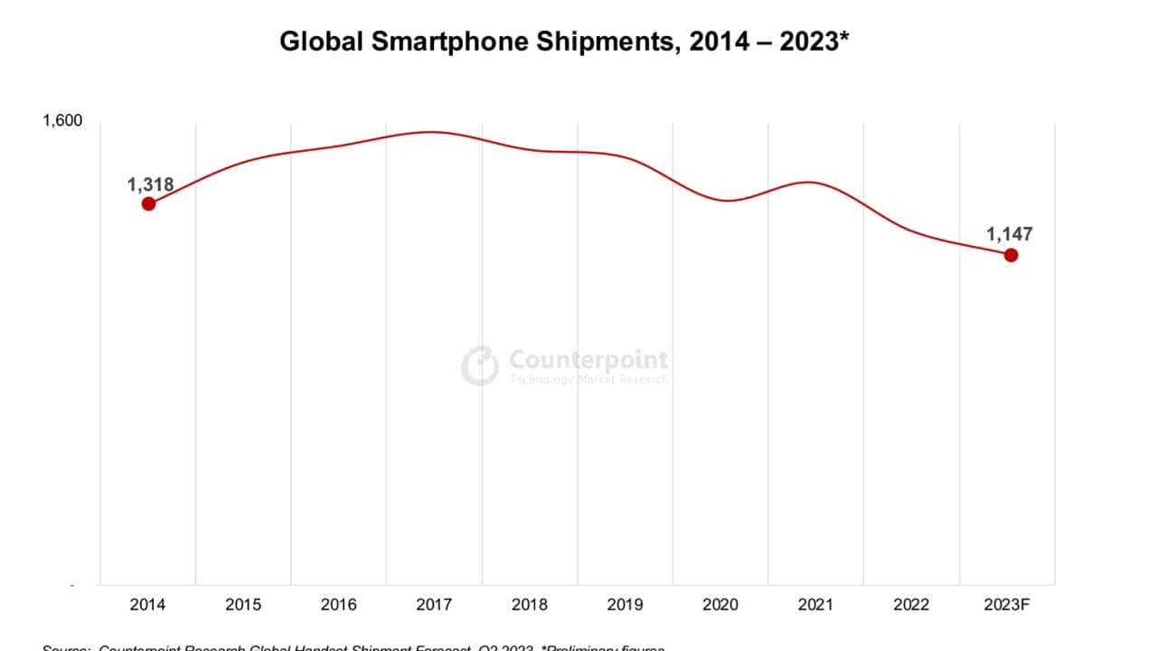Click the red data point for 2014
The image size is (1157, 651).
[x=148, y=203]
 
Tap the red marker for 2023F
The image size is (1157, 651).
[x=1011, y=255]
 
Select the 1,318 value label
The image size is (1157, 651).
[x=150, y=184]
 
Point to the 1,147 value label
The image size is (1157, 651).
[x=1009, y=234]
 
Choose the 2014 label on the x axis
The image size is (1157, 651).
[x=147, y=604]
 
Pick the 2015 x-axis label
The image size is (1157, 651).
[x=243, y=604]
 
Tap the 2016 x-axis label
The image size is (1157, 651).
[x=338, y=604]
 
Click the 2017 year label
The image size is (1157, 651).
[x=434, y=604]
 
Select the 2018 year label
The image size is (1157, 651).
[x=529, y=604]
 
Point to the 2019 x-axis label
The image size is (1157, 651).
[x=625, y=604]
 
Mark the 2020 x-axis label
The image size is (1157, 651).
[x=720, y=604]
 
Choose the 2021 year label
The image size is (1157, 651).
[x=815, y=604]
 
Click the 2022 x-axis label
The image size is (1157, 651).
[x=911, y=604]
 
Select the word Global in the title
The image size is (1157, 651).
[x=315, y=42]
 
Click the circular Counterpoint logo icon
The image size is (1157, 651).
[x=480, y=365]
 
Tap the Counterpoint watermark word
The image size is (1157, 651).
[x=588, y=360]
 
